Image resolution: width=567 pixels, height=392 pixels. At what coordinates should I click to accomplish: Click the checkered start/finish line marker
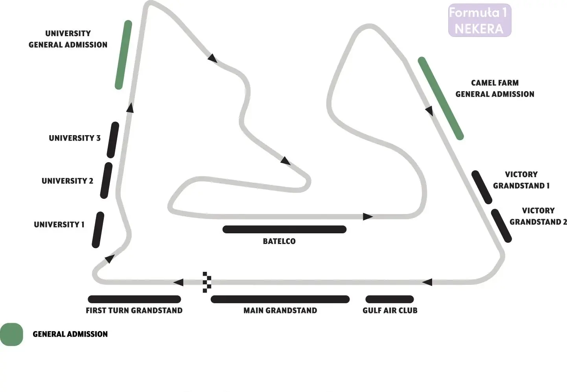[207, 282]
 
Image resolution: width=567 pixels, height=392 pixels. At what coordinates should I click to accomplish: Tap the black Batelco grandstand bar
[285, 229]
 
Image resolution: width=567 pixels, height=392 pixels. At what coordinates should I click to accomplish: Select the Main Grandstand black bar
[280, 299]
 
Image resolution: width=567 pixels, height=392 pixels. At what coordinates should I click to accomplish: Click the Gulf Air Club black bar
[390, 299]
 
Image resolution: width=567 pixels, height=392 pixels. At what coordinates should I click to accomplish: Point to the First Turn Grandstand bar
[134, 299]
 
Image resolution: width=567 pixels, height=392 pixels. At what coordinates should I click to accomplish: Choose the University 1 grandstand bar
[98, 230]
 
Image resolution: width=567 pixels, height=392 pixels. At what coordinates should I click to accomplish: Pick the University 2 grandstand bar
[106, 181]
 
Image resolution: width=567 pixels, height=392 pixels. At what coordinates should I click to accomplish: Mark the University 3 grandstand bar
[113, 140]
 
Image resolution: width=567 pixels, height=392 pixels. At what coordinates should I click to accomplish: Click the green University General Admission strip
[123, 55]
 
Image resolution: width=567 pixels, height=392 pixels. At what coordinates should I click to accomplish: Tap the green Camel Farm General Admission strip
[441, 98]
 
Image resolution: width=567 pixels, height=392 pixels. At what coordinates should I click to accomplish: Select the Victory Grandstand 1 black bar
[482, 187]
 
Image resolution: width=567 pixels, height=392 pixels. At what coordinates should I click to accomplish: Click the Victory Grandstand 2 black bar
[501, 226]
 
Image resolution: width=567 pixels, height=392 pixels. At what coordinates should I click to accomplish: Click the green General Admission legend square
[11, 334]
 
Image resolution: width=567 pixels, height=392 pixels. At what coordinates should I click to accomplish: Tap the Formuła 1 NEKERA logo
[480, 20]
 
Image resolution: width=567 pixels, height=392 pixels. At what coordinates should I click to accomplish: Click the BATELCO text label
[279, 241]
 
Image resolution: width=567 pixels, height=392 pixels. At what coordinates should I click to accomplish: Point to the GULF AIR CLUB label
[390, 310]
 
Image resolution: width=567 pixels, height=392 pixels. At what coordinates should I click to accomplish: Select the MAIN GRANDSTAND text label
[280, 310]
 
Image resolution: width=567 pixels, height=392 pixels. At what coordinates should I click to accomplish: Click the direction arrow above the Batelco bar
[368, 216]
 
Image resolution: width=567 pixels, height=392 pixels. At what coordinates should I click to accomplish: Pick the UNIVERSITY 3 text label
[75, 138]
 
